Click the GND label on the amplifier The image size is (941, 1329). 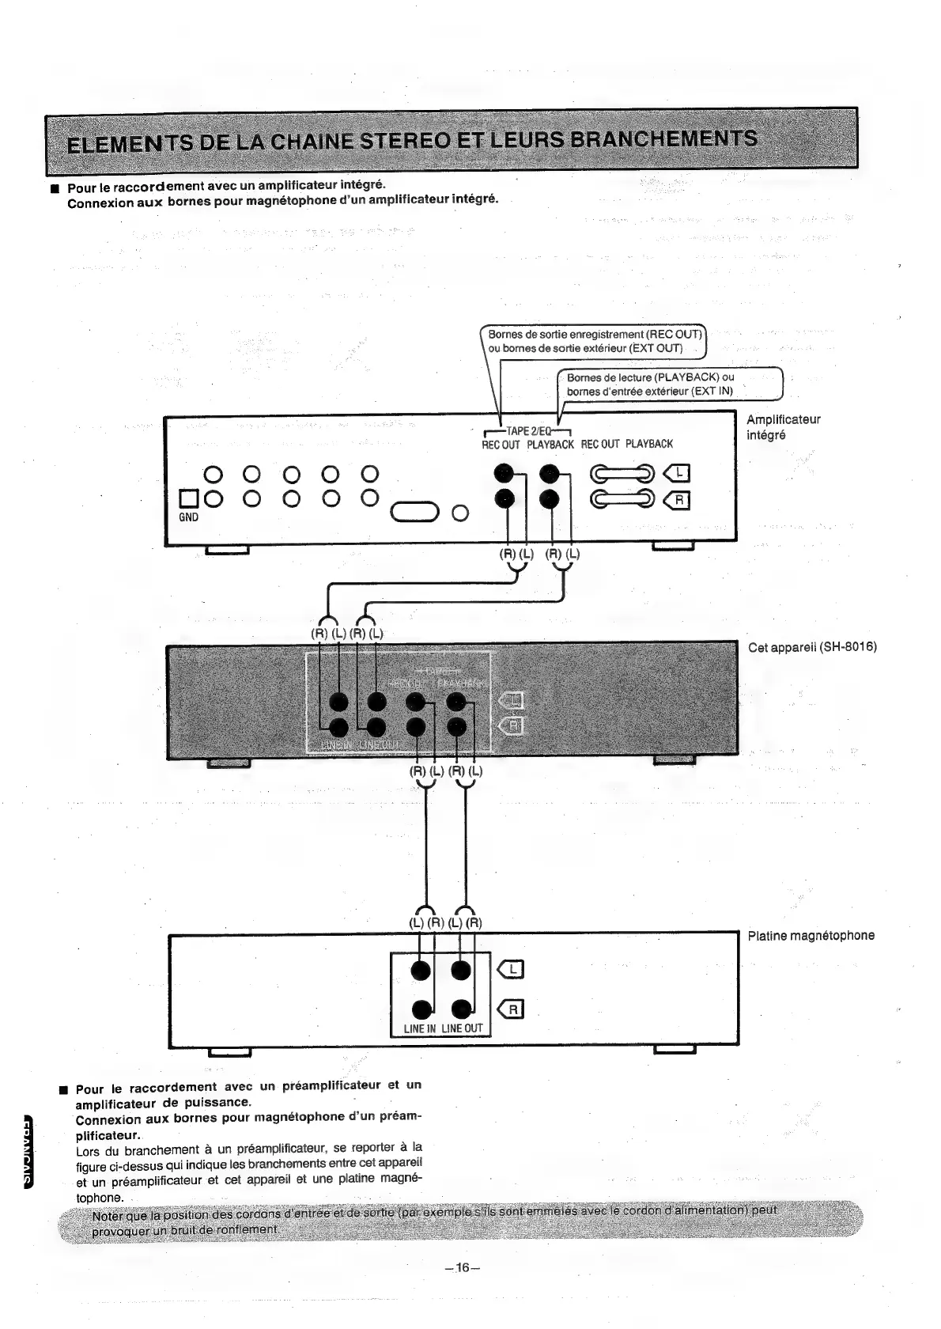click(188, 517)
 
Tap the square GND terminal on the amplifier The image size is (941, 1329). click(189, 498)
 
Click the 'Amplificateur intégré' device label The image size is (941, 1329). click(783, 427)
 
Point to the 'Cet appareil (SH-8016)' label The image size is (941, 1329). click(812, 647)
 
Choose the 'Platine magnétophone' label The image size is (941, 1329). click(811, 935)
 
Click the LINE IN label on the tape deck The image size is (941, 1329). click(420, 1028)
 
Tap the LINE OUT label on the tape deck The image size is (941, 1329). click(462, 1028)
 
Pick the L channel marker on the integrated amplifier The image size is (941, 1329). click(678, 474)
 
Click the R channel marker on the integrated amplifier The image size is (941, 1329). click(678, 499)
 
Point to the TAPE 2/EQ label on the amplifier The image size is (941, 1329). click(527, 431)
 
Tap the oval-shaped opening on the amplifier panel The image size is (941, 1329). click(415, 513)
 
